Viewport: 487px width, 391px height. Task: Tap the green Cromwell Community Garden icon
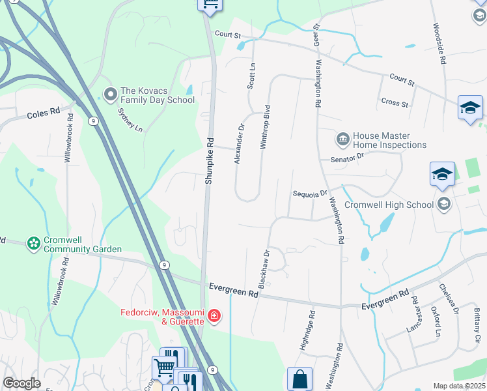(x=34, y=244)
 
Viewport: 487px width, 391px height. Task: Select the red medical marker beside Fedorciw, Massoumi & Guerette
(x=214, y=317)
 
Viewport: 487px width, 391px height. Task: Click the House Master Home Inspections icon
(x=342, y=139)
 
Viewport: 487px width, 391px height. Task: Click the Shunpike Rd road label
(x=209, y=160)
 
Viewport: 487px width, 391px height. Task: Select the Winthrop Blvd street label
(x=265, y=127)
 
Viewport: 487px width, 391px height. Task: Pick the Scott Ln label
(x=251, y=76)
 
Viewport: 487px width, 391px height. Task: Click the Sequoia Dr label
(x=309, y=194)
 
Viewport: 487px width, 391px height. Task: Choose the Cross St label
(x=395, y=103)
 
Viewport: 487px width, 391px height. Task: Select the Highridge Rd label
(x=307, y=332)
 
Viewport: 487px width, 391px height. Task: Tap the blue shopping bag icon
(x=299, y=378)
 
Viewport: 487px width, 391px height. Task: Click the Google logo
(x=21, y=384)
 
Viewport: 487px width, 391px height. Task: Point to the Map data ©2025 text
(x=459, y=386)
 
